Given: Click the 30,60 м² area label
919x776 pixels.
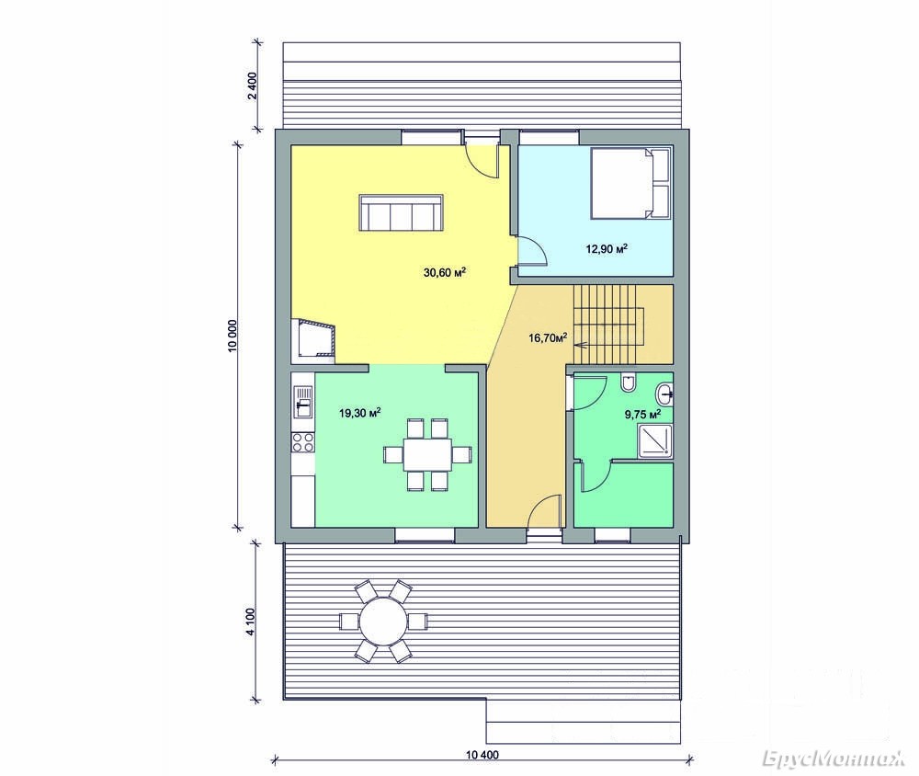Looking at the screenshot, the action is (444, 272).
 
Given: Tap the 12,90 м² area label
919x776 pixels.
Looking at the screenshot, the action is (607, 248).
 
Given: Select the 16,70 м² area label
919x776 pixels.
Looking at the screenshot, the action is (548, 337).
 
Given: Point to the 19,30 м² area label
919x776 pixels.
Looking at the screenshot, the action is (360, 413).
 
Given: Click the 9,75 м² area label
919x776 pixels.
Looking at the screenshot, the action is (642, 415).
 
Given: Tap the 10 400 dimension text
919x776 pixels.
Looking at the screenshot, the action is (482, 755).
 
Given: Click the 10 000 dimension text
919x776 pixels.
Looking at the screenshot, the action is (233, 337).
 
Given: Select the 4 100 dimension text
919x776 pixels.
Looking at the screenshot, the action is (251, 622).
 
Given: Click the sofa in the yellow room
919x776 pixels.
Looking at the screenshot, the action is (402, 213).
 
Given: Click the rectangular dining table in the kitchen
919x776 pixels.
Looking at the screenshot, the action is (427, 454).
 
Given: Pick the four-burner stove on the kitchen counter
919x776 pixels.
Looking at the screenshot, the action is (303, 442).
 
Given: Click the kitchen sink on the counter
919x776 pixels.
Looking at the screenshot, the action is (303, 401).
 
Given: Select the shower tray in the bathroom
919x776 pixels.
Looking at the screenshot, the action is (654, 439).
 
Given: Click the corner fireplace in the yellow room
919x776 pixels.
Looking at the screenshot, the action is (313, 338).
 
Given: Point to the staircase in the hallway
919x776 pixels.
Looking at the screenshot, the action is (609, 325).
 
